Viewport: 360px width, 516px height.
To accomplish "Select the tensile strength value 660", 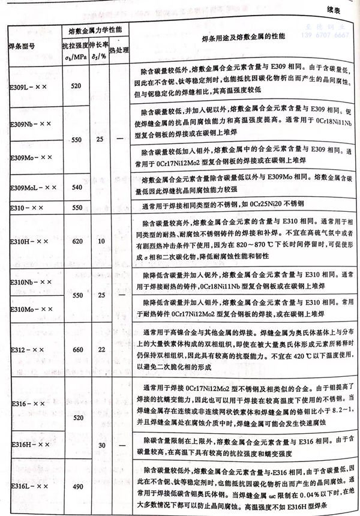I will pos(77,349).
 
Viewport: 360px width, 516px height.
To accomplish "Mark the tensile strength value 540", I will pos(77,188).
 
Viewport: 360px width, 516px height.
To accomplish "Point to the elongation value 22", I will pos(101,349).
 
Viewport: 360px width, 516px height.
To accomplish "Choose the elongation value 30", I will pos(101,445).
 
